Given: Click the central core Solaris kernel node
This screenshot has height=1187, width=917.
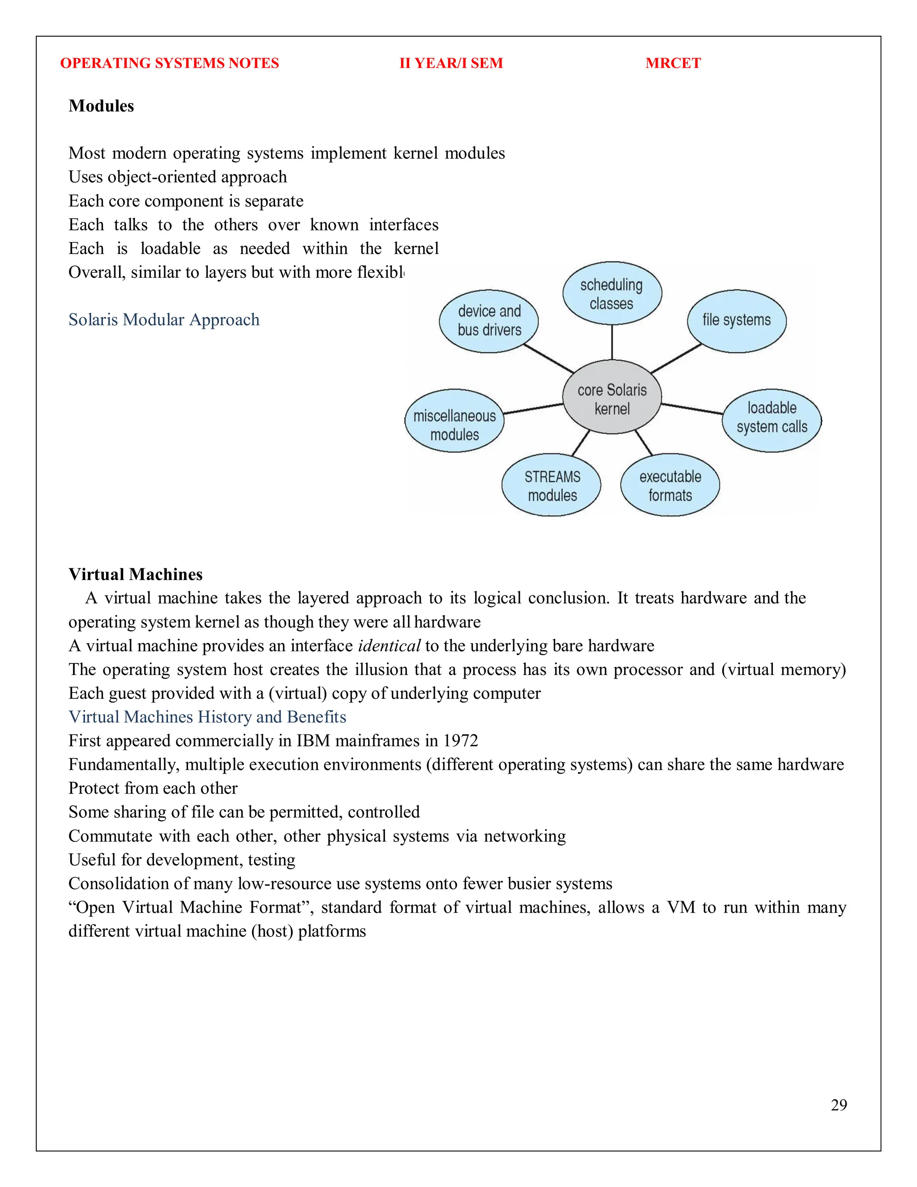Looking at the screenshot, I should (x=612, y=397).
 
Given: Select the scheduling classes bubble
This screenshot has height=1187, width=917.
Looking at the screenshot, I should (x=612, y=293).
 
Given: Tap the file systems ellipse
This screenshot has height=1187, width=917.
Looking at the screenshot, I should (x=736, y=321).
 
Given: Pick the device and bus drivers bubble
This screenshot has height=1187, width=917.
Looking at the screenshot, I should (x=488, y=321).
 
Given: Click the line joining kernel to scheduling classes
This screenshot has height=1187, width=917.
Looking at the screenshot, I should (x=612, y=342).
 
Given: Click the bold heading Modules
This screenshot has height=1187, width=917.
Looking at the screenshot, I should (x=101, y=106).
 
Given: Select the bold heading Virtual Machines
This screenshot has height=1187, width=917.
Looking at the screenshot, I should (x=135, y=575).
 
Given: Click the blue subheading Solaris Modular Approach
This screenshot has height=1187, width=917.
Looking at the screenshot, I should (x=163, y=319).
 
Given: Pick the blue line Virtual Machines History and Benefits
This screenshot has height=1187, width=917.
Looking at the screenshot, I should (x=207, y=717).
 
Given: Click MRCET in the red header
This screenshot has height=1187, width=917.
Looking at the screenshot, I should (x=673, y=63).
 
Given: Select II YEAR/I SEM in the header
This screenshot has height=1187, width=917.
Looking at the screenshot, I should (x=451, y=63).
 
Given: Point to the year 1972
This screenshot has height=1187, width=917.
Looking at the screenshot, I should (x=460, y=741).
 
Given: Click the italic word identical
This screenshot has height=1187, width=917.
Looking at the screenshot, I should (x=389, y=645).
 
